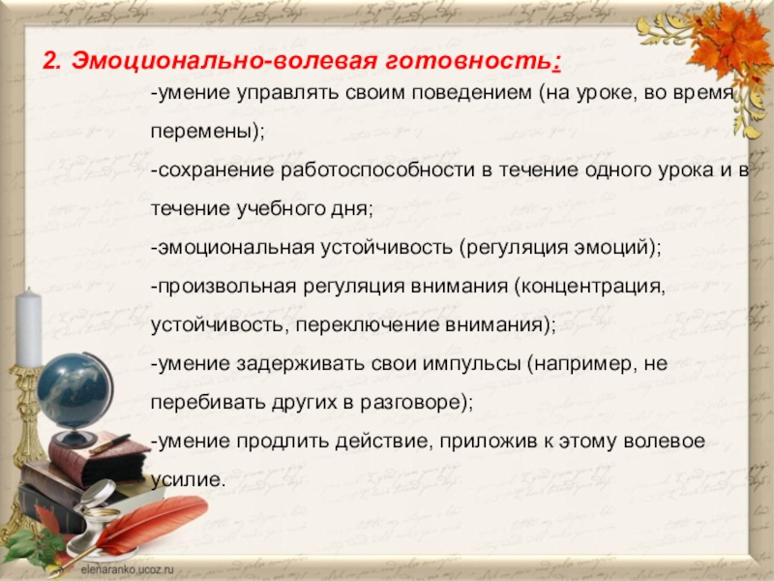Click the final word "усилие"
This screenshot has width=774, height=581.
(187, 478)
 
